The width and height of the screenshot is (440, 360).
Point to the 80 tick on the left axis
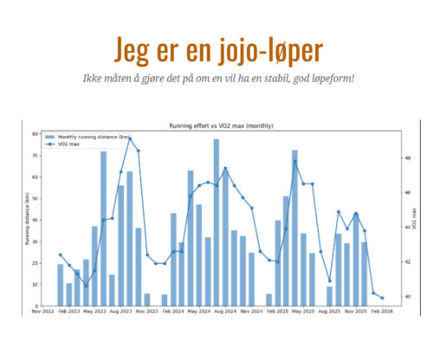[x=36, y=134]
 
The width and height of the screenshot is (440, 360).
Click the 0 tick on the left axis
[x=37, y=305]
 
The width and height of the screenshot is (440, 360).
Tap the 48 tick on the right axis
[x=407, y=158]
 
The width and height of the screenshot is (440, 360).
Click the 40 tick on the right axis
[x=407, y=297]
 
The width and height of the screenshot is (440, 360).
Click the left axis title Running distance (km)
[x=26, y=219]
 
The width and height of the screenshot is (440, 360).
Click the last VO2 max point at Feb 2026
[x=382, y=298]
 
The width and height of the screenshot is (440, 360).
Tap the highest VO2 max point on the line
[x=130, y=138]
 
